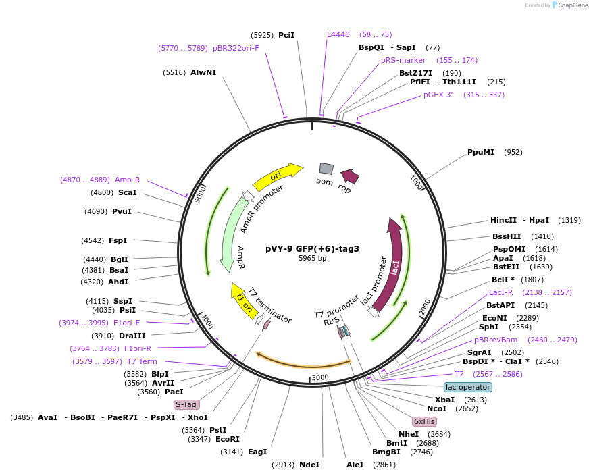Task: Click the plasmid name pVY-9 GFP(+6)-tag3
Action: click(x=312, y=248)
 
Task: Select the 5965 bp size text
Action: click(x=312, y=258)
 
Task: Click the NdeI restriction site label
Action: click(x=309, y=465)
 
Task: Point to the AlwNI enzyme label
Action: click(x=203, y=72)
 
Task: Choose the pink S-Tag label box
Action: click(x=186, y=404)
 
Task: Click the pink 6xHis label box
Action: click(x=425, y=421)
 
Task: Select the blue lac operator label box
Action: click(x=468, y=387)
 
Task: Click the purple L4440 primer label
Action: click(x=338, y=34)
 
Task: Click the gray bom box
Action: click(x=326, y=169)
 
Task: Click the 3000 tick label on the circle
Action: click(x=319, y=377)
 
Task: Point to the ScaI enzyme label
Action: click(x=127, y=192)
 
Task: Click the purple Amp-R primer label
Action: click(x=128, y=180)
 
